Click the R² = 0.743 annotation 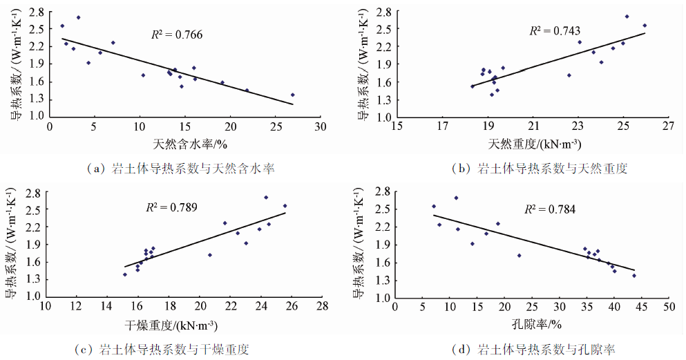click(554, 30)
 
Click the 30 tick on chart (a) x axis click(320, 128)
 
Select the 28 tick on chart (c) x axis click(322, 307)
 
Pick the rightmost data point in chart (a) click(292, 95)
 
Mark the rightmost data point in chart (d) click(633, 275)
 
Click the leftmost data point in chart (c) click(125, 274)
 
